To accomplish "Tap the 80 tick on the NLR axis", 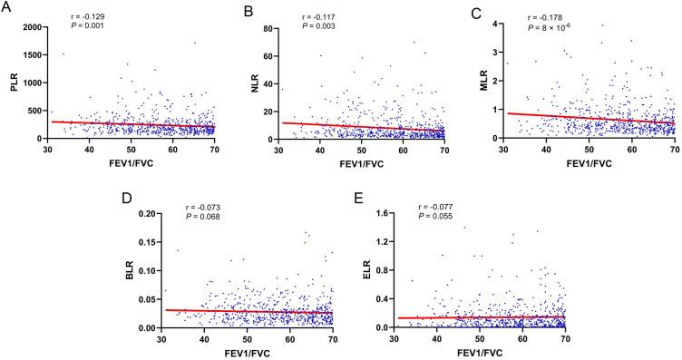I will (268, 28).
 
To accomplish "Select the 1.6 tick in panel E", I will (379, 215).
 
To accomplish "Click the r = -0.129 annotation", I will (88, 17).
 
